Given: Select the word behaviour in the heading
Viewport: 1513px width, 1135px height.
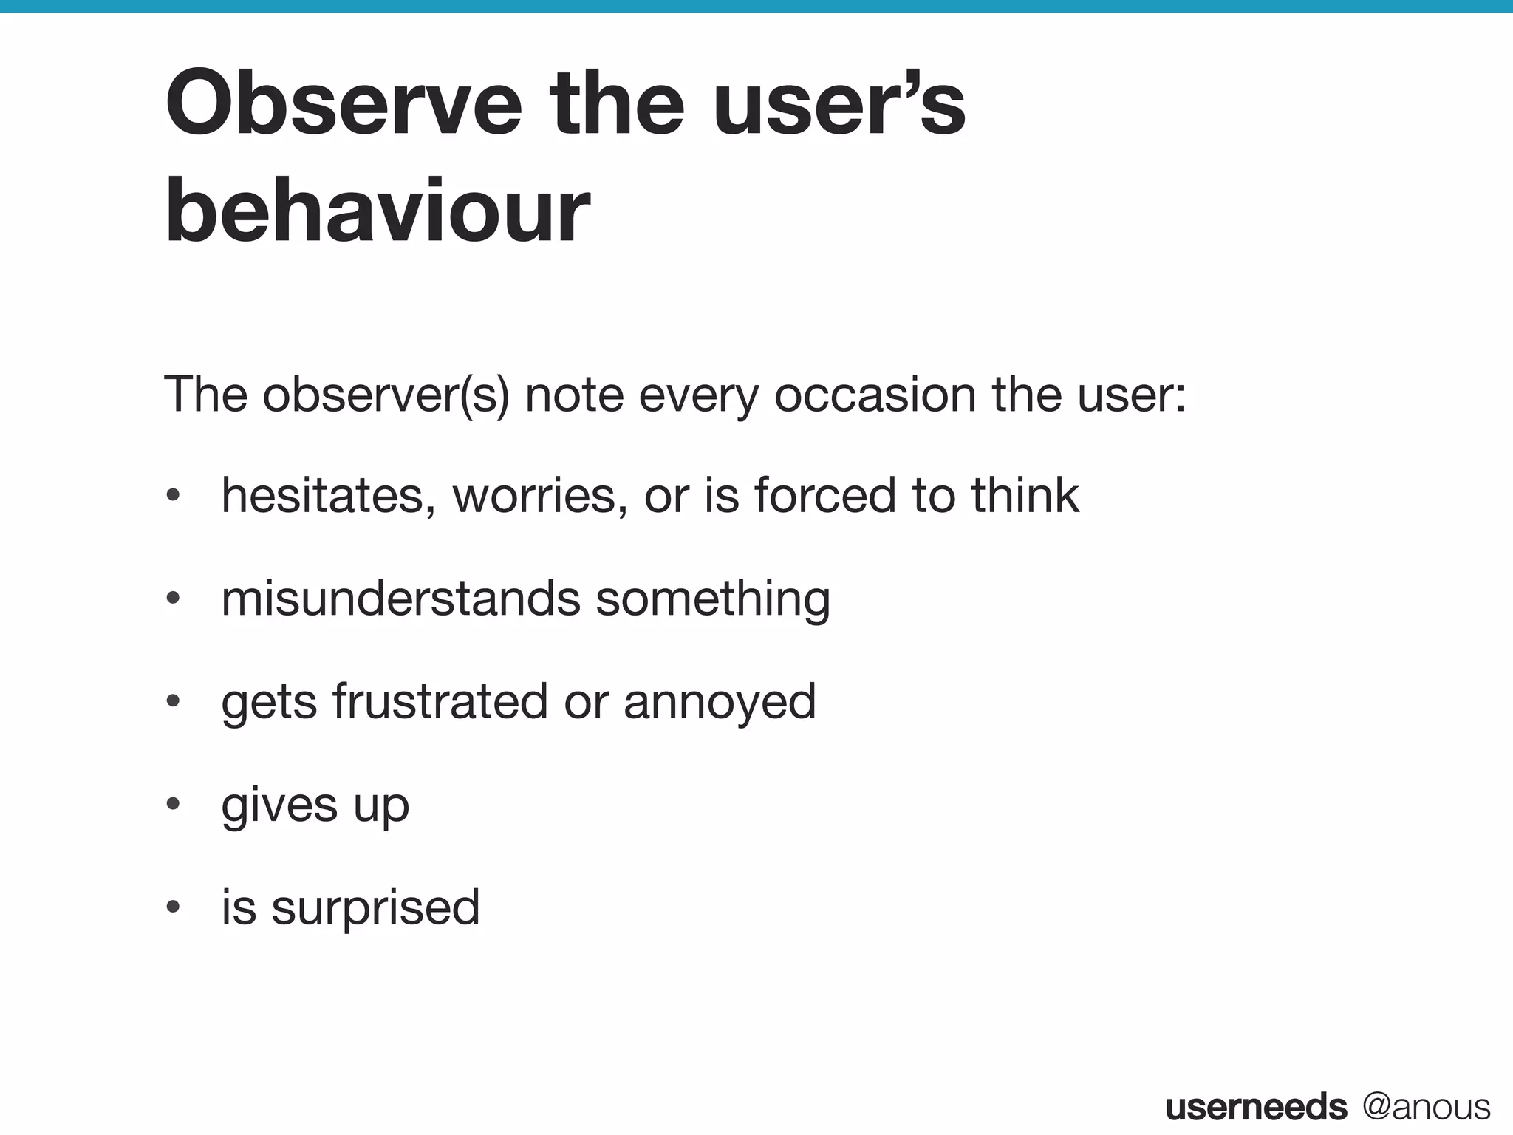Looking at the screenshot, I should click(x=378, y=212).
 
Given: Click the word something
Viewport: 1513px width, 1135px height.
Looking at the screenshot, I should click(x=713, y=599).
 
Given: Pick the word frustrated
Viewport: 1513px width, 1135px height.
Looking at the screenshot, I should click(x=440, y=701).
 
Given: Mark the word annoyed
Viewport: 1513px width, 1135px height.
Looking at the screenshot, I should click(x=720, y=701).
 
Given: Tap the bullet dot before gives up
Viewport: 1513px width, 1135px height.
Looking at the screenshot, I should click(x=173, y=805).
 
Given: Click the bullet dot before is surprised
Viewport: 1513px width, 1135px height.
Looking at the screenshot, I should click(x=173, y=907).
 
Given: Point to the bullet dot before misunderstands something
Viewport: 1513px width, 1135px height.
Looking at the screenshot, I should click(x=173, y=599).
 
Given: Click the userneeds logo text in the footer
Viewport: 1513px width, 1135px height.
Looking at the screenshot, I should click(x=1256, y=1107).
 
